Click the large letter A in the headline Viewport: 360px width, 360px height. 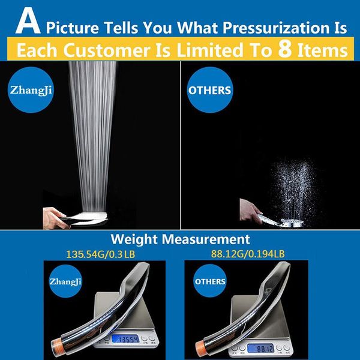click(28, 22)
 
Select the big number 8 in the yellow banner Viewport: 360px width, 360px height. click(284, 49)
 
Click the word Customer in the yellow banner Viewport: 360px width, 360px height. click(107, 50)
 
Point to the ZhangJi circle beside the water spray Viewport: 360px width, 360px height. click(31, 89)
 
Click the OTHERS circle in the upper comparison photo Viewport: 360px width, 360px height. click(209, 90)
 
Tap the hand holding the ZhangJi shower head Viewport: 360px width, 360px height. click(55, 218)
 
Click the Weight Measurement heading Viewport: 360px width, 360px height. click(180, 239)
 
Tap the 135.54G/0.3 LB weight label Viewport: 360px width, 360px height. click(100, 254)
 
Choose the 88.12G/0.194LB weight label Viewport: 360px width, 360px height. click(248, 254)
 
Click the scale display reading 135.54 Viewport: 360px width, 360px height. click(125, 339)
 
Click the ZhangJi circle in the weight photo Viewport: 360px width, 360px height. click(65, 281)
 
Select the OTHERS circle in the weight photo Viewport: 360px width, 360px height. click(210, 281)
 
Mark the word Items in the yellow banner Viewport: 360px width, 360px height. click(323, 50)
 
